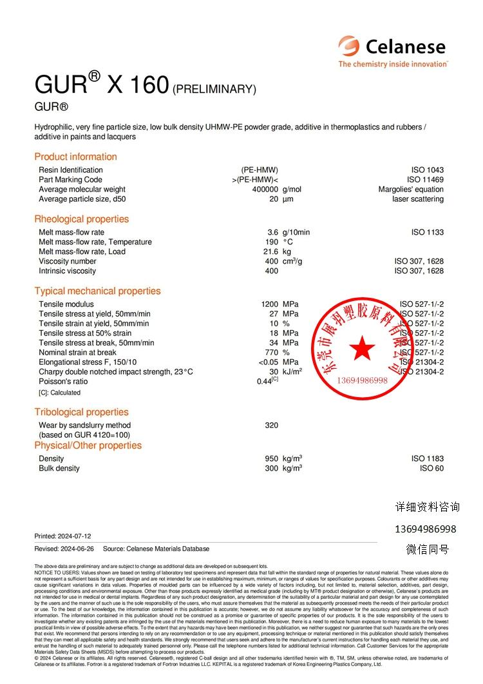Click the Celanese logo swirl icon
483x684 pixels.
[x=348, y=46]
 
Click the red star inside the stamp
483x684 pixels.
[x=363, y=349]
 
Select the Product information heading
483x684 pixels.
[x=75, y=157]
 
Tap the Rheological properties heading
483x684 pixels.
[x=81, y=219]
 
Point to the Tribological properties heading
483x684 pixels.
[x=81, y=412]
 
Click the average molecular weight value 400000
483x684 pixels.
[x=265, y=190]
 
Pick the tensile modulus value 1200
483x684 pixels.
[x=269, y=304]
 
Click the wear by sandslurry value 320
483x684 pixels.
[x=272, y=425]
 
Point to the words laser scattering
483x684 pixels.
[x=418, y=199]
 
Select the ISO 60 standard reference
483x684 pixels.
[x=431, y=469]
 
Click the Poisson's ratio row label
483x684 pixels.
[x=63, y=382]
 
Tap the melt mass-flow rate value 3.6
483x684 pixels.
[x=273, y=233]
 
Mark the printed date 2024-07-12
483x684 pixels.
[x=74, y=536]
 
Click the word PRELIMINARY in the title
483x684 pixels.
[x=214, y=89]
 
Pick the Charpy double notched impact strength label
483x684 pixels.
[x=115, y=372]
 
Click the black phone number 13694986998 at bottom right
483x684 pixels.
[x=425, y=529]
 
